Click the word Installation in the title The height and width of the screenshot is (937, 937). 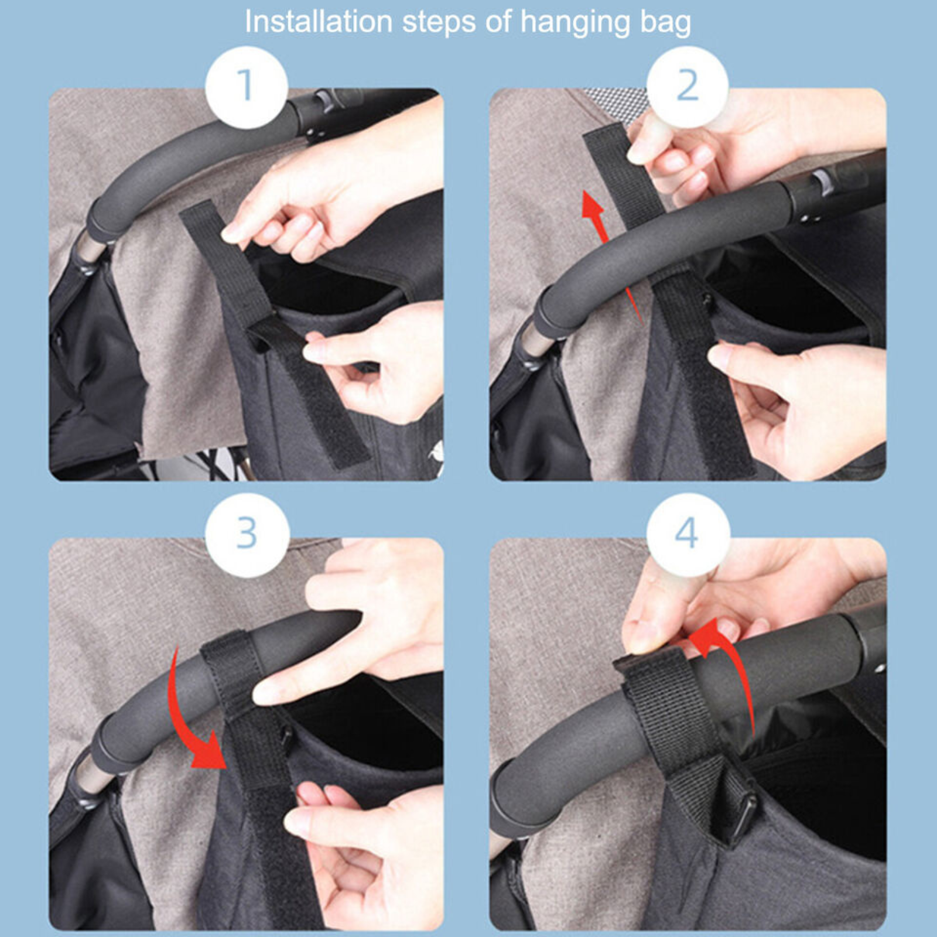point(318,22)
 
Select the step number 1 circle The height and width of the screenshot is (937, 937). point(246,87)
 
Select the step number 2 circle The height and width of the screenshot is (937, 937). point(687,87)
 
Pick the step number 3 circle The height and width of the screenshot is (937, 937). point(247,534)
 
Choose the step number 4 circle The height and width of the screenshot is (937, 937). point(687,534)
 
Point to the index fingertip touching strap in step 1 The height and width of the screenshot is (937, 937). point(231,234)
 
